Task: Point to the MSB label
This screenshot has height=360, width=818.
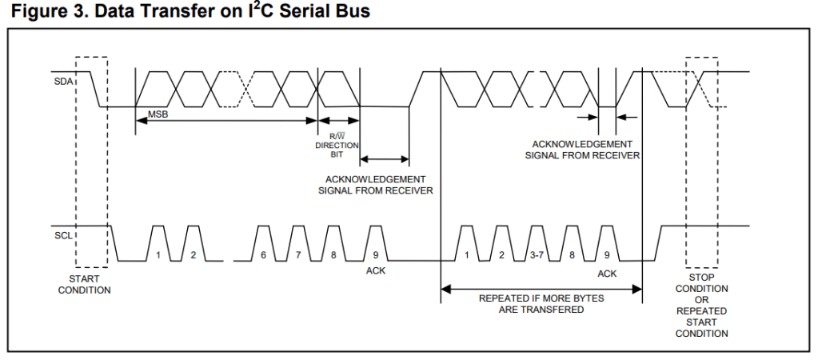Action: (158, 114)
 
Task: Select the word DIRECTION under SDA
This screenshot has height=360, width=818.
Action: (337, 145)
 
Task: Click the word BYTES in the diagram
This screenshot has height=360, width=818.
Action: (587, 298)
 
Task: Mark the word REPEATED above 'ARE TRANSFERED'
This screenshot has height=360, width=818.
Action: (504, 298)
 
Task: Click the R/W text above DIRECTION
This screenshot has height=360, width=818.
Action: (337, 136)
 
